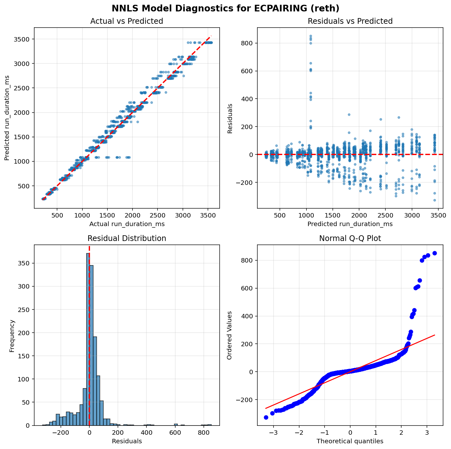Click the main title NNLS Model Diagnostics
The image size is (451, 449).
click(x=225, y=8)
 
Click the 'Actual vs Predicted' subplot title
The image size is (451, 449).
click(x=126, y=21)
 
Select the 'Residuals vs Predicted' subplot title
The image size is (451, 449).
click(x=350, y=21)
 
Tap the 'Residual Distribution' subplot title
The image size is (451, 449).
click(x=126, y=238)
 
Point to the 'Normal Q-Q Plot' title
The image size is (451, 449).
click(x=350, y=238)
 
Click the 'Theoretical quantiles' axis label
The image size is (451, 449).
click(x=350, y=441)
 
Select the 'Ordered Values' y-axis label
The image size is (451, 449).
click(x=229, y=335)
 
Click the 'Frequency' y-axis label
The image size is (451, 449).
click(x=12, y=335)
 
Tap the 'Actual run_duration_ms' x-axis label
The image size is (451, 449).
click(x=126, y=224)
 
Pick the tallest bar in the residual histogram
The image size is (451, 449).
click(x=88, y=339)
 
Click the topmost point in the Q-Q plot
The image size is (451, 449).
click(x=435, y=253)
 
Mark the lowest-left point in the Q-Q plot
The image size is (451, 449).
click(x=266, y=417)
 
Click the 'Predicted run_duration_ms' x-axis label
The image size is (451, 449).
click(x=350, y=224)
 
